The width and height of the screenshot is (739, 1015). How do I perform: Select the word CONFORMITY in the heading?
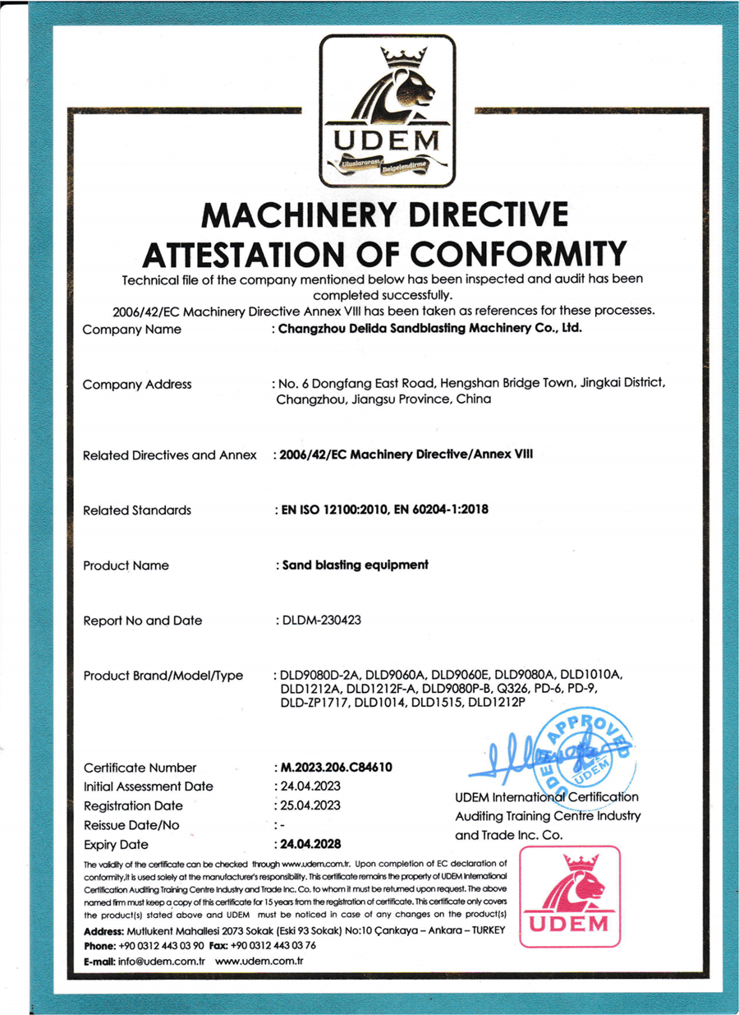pyautogui.click(x=511, y=252)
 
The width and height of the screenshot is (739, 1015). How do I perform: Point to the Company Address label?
pyautogui.click(x=137, y=384)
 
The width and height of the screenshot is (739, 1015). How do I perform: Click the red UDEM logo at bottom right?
pyautogui.click(x=570, y=897)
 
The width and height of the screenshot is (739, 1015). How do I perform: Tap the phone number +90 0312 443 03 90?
pyautogui.click(x=161, y=946)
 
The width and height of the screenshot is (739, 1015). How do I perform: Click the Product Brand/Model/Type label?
pyautogui.click(x=163, y=676)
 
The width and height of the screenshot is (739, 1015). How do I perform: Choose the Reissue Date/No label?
pyautogui.click(x=131, y=825)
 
